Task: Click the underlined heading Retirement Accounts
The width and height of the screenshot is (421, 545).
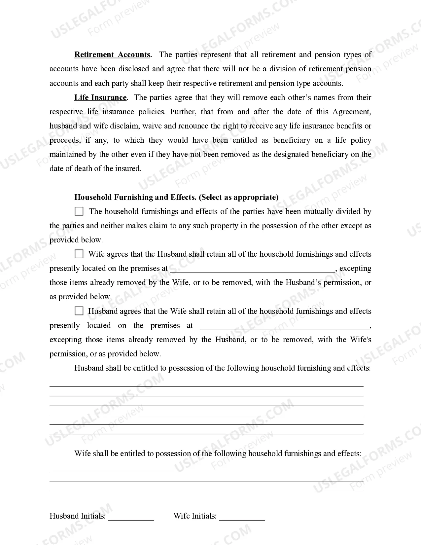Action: click(112, 55)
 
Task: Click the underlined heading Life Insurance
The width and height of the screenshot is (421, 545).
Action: click(100, 98)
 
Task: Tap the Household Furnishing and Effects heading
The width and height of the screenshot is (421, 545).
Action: click(135, 198)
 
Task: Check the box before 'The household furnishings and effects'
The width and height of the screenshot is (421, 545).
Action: click(79, 211)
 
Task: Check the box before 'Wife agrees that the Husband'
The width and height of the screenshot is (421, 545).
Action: click(79, 254)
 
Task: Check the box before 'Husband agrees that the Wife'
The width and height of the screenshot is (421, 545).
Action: click(79, 311)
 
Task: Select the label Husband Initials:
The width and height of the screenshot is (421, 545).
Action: click(78, 516)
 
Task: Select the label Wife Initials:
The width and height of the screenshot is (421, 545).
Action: click(195, 516)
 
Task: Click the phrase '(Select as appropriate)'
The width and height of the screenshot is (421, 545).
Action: click(238, 198)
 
